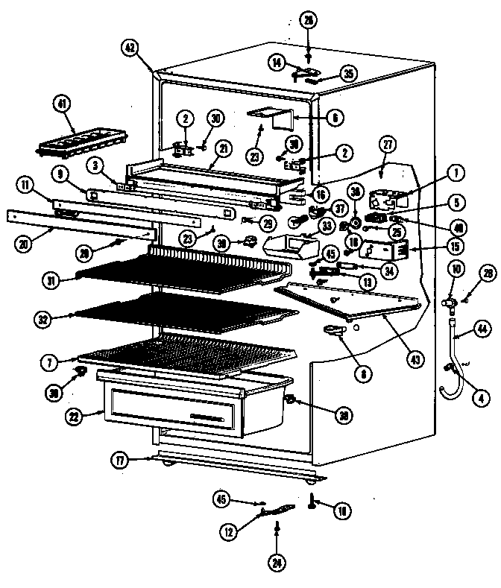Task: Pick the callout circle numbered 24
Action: click(x=277, y=563)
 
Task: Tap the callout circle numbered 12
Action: click(x=229, y=531)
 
